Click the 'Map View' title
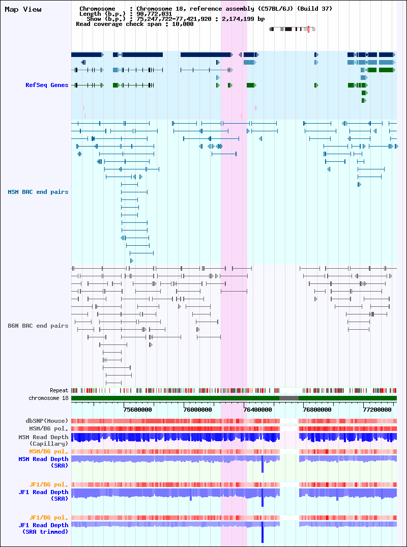23,10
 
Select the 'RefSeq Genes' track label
47,85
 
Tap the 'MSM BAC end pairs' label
38,192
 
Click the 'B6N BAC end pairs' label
38,326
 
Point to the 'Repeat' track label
59,391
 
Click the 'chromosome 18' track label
48,398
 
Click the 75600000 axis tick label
138,410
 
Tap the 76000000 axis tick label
198,410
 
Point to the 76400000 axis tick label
258,410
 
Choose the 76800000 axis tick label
317,410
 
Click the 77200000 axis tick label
377,410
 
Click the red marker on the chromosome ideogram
309,30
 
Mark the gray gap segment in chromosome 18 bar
289,398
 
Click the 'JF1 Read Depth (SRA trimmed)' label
44,529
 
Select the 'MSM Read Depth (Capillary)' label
44,441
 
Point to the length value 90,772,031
154,14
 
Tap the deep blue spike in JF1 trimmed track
263,532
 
